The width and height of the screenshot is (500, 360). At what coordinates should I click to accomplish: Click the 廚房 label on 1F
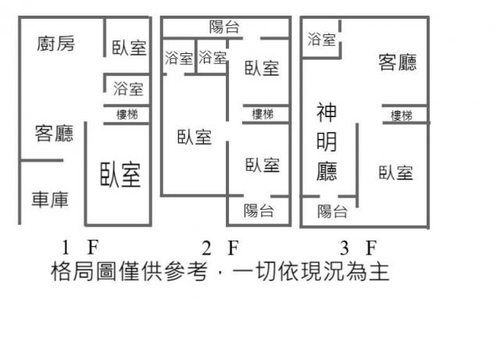point(55,44)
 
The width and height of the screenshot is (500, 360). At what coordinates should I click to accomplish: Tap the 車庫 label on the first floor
point(50,200)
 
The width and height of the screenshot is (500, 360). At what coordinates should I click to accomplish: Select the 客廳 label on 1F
point(54,134)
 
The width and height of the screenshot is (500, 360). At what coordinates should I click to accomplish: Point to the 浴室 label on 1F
point(128,89)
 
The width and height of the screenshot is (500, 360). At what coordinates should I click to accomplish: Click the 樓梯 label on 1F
point(127,115)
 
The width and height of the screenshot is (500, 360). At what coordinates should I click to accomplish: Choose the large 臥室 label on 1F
point(120,175)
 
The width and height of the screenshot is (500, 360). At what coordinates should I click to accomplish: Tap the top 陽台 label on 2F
point(224,27)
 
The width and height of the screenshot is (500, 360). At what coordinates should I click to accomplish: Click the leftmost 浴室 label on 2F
point(179,59)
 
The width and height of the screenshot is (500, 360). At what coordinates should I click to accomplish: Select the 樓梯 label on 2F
point(262,114)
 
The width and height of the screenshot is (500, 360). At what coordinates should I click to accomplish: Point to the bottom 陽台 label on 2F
point(259,211)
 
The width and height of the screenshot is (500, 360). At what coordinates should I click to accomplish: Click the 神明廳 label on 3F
point(327,142)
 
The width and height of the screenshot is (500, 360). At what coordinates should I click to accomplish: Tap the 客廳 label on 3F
point(398,62)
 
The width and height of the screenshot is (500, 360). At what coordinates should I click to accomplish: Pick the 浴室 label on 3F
point(322,40)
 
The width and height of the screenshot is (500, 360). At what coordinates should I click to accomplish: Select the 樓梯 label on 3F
point(402,116)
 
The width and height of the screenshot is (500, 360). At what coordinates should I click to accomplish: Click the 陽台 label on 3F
point(332,212)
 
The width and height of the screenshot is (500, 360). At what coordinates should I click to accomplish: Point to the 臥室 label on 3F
point(396,173)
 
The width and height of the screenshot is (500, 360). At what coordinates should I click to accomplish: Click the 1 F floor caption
point(80,248)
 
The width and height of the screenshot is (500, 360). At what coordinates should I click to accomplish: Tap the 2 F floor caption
point(220,248)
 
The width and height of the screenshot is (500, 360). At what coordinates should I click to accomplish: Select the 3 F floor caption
point(359,248)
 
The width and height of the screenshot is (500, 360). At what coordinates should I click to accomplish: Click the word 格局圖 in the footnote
point(84,272)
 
